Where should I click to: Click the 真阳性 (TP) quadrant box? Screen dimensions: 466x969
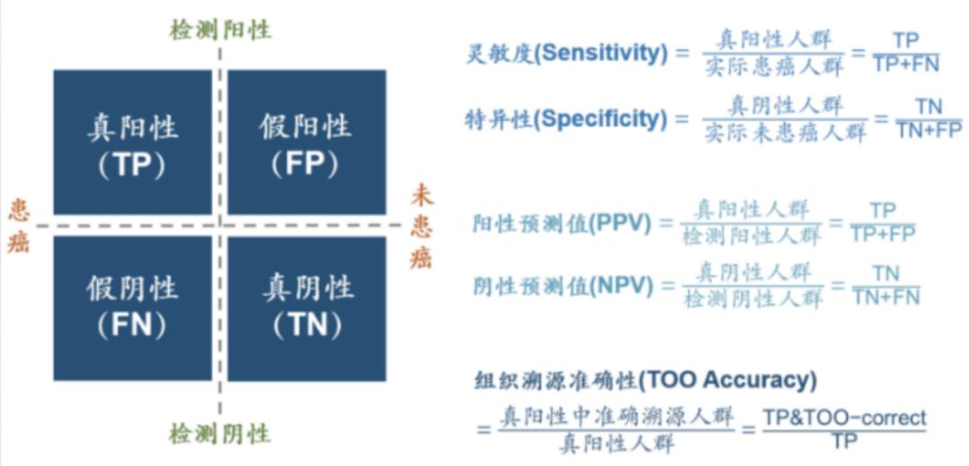(133, 142)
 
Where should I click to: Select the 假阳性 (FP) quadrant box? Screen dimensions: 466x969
(306, 142)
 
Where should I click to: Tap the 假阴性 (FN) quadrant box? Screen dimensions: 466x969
(133, 307)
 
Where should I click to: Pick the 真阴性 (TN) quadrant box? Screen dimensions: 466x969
(306, 307)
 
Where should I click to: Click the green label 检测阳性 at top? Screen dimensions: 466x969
(220, 30)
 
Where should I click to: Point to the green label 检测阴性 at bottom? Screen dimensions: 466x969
(220, 435)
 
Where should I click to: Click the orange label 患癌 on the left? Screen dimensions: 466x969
(19, 225)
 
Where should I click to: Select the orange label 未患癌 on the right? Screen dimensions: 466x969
(422, 225)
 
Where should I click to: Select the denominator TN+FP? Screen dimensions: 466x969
(929, 129)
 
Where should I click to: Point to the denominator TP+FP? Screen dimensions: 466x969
(883, 233)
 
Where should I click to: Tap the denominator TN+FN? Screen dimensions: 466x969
(886, 295)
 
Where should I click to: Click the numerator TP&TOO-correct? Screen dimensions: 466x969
(844, 418)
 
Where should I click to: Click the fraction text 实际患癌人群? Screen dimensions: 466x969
(773, 64)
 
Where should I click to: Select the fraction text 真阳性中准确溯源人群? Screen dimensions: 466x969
(616, 417)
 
